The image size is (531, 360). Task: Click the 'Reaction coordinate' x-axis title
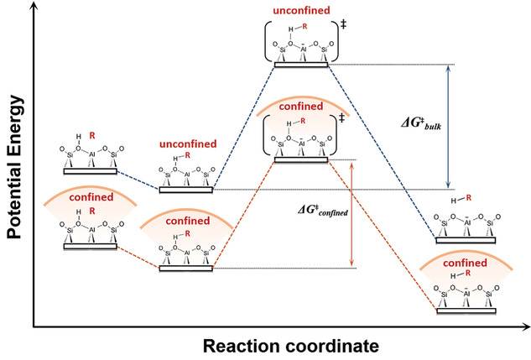pos(284,345)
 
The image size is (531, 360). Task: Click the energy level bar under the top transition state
pos(299,64)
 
